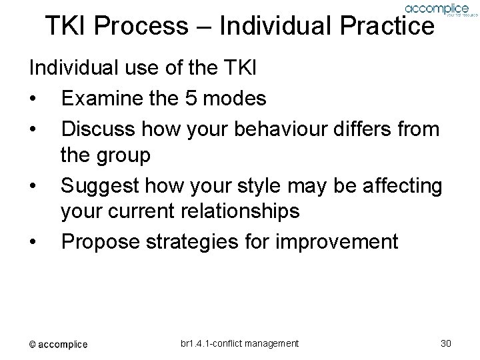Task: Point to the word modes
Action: [x=238, y=99]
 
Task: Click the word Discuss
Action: [x=98, y=128]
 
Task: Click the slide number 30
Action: [x=447, y=343]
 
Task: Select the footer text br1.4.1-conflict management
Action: [x=239, y=343]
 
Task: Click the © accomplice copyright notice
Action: [x=57, y=344]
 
